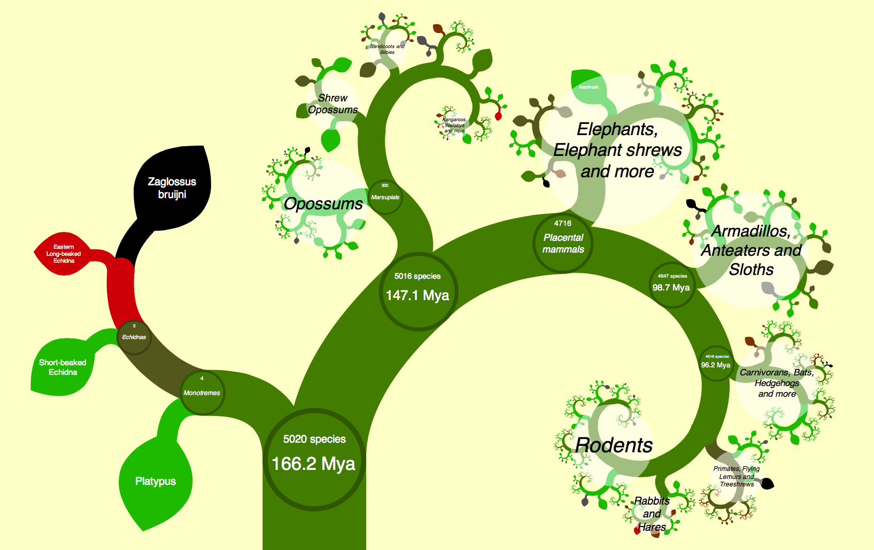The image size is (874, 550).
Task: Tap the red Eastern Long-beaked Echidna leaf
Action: tap(64, 254)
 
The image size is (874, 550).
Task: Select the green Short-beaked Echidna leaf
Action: tap(63, 367)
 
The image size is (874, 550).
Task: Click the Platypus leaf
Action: tap(155, 481)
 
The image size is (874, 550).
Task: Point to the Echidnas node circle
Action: tap(134, 337)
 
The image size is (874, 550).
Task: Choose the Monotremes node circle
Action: tap(202, 392)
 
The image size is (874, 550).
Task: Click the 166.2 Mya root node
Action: tap(314, 458)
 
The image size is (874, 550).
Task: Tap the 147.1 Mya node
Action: tap(417, 291)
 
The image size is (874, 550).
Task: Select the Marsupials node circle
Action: tap(385, 197)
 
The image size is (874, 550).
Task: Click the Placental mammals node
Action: tap(563, 243)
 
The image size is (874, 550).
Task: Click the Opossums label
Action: tap(323, 203)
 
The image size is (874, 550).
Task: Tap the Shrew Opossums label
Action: tap(332, 104)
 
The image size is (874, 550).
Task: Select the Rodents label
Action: tap(614, 445)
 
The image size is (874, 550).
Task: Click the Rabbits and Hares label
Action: tap(652, 514)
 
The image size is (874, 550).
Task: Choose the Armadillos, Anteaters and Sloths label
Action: tap(751, 250)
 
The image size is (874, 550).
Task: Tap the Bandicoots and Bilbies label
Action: tap(387, 49)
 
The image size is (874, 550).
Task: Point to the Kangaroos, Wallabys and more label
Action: tap(454, 125)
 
